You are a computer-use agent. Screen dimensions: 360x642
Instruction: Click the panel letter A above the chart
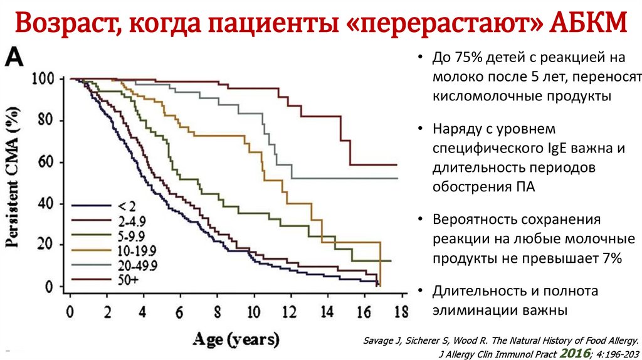tap(14, 58)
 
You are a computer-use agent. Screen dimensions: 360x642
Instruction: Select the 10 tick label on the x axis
tap(253, 312)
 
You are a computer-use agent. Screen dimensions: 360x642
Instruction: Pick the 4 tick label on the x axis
tap(143, 312)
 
